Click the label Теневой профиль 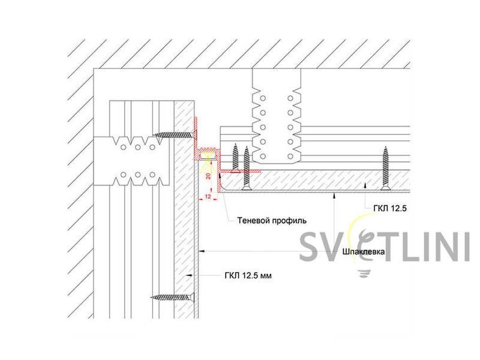click(272, 220)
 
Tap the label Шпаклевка click(364, 251)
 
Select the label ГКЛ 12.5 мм click(248, 276)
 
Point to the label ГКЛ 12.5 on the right click(390, 209)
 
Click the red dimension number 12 click(208, 197)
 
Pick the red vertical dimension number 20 click(208, 176)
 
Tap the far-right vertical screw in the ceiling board click(385, 169)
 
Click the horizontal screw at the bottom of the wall click(173, 297)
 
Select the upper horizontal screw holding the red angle click(175, 134)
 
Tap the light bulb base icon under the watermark click(363, 274)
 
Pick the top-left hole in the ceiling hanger click(263, 98)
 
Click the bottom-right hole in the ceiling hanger click(290, 157)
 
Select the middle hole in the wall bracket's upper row click(138, 148)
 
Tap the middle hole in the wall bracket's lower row click(138, 175)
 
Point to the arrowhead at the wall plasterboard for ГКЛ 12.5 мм click(190, 275)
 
